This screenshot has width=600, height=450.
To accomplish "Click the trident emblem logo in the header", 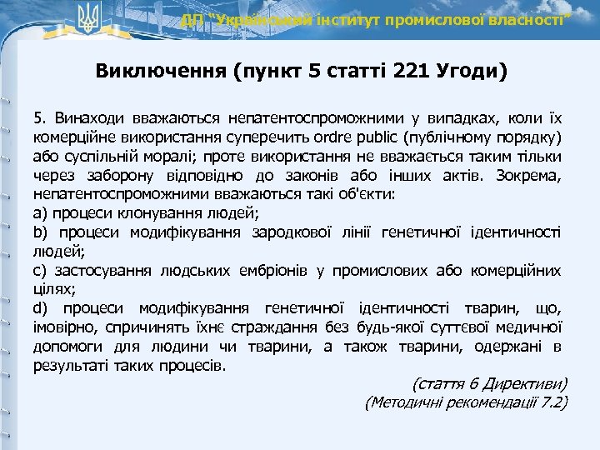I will coord(87,17).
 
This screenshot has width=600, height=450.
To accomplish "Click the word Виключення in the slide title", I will coord(159,70).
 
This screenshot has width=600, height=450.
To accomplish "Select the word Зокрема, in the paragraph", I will coord(529,175).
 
